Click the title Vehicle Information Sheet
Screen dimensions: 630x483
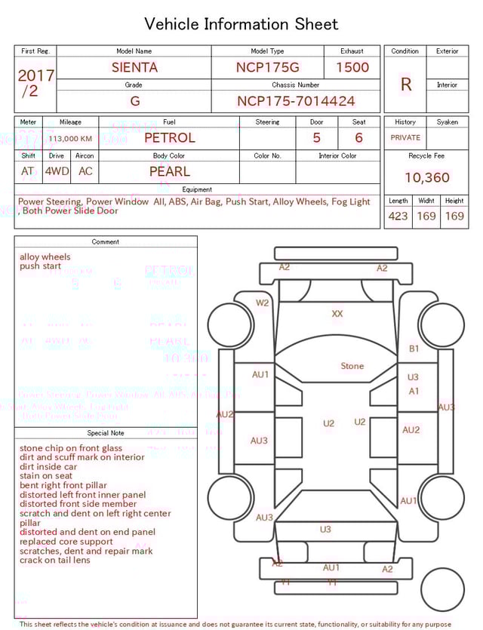241,24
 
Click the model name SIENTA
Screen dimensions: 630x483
134,67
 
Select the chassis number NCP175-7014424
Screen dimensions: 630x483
296,101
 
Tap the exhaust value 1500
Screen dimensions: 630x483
352,67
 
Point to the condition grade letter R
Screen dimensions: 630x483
405,85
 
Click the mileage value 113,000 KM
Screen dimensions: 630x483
70,139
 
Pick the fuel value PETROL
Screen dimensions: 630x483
169,138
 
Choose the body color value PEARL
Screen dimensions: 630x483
169,171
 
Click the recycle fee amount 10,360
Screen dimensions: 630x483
426,178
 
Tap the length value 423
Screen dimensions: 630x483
398,217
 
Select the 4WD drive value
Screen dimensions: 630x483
57,171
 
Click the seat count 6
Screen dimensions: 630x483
358,138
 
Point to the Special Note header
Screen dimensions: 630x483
106,433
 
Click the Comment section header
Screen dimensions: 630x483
106,242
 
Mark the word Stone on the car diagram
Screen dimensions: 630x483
352,366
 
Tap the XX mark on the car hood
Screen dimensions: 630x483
337,313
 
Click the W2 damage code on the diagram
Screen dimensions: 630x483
262,303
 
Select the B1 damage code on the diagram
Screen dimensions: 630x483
414,349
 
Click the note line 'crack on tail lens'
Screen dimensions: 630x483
54,561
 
